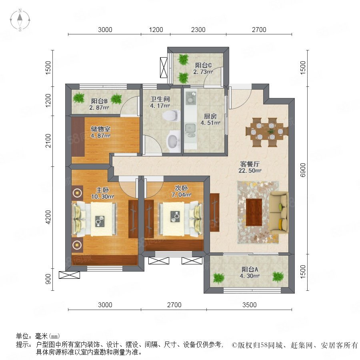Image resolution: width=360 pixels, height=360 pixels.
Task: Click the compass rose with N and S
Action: coord(20,20)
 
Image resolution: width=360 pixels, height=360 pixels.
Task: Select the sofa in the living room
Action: coord(279,213)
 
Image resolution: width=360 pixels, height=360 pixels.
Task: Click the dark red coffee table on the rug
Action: coord(254,212)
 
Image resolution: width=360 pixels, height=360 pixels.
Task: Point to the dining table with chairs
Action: coord(267,132)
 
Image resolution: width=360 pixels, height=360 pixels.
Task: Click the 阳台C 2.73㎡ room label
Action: coord(203,68)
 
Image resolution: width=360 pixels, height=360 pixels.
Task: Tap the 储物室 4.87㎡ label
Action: coord(100,132)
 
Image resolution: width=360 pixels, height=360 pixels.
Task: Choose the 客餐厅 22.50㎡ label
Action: coord(250,167)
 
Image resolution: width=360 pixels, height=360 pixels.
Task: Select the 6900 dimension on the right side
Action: coord(303,170)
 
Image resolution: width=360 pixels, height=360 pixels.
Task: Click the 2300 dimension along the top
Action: coord(198,30)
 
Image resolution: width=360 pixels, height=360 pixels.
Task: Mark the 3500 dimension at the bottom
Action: coord(249,305)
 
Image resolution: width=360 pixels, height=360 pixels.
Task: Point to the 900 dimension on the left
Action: coord(48,279)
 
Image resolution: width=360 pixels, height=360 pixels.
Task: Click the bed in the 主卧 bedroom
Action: coord(94,219)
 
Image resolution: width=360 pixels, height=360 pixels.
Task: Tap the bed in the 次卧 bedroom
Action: coord(181,219)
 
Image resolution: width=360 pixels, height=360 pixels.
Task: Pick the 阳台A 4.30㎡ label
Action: coord(250,272)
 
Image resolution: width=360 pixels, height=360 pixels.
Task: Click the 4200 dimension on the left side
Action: coord(48,217)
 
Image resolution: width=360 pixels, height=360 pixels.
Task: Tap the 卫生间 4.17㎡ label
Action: coord(160,102)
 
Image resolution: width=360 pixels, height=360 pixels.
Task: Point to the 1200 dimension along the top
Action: coord(156,30)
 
